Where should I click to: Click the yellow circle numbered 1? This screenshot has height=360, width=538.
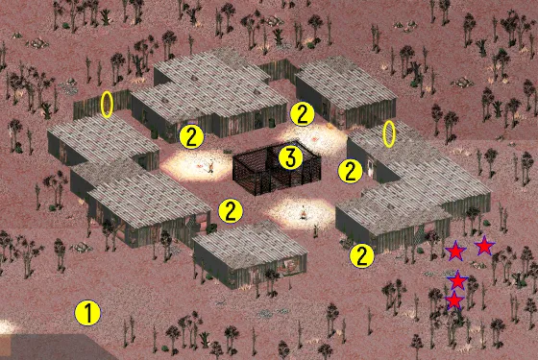click(87, 313)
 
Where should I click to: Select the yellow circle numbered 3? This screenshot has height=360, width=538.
click(290, 157)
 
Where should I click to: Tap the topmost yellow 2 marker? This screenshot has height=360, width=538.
click(302, 114)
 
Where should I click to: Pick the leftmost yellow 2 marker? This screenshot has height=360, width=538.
click(191, 136)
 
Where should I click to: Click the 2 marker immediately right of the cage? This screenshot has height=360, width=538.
click(350, 171)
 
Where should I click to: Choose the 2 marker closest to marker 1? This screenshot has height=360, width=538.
click(231, 211)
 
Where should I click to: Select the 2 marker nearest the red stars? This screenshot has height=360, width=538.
click(361, 255)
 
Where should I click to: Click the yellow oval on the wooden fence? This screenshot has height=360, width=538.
click(107, 105)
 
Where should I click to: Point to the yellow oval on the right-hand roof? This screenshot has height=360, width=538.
click(389, 134)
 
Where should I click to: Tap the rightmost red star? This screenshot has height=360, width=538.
click(484, 246)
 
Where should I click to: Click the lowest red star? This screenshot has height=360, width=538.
click(454, 300)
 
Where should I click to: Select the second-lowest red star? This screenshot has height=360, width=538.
click(457, 280)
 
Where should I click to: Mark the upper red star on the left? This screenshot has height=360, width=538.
click(455, 252)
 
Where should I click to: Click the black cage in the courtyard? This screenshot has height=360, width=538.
click(277, 168)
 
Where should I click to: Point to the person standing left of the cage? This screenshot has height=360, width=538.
click(211, 166)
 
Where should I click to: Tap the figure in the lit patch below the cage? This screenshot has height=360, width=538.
click(304, 212)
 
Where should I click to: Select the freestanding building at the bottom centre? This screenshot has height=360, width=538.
click(250, 254)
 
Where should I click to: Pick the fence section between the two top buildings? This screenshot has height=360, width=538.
click(278, 71)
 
